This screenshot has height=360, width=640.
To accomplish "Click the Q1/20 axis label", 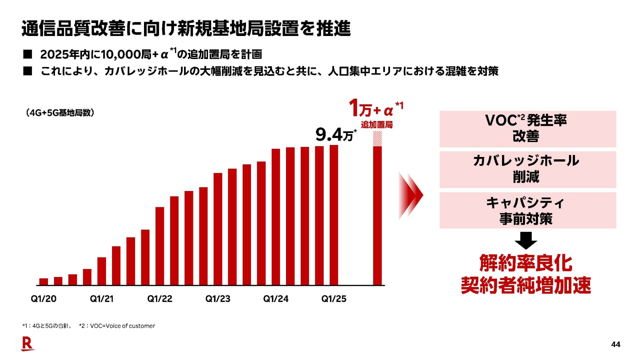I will click(x=43, y=299).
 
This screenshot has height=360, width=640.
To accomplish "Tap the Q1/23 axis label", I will click(x=218, y=299).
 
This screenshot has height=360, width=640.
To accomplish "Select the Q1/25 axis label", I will click(x=334, y=299).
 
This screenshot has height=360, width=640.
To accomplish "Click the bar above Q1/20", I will click(x=44, y=282).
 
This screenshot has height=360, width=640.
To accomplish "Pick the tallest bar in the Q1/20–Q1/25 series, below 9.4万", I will click(x=334, y=215).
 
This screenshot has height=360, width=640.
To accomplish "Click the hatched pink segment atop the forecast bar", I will click(x=377, y=139).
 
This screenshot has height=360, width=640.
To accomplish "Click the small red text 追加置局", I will click(x=377, y=125).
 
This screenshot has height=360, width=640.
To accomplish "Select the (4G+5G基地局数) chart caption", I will click(x=60, y=113).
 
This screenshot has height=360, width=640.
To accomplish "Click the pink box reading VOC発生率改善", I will click(x=528, y=129).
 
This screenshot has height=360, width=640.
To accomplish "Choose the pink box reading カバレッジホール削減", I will click(x=528, y=169).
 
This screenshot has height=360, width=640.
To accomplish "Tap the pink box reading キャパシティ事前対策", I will click(x=528, y=210).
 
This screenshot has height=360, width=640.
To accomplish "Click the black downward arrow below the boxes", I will click(x=526, y=240).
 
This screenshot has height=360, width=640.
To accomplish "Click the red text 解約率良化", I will click(x=526, y=263).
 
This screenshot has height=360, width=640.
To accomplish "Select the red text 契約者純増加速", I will click(x=526, y=285).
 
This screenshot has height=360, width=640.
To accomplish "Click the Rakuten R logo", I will click(x=28, y=344).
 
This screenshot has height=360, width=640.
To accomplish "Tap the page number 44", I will click(x=615, y=344).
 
